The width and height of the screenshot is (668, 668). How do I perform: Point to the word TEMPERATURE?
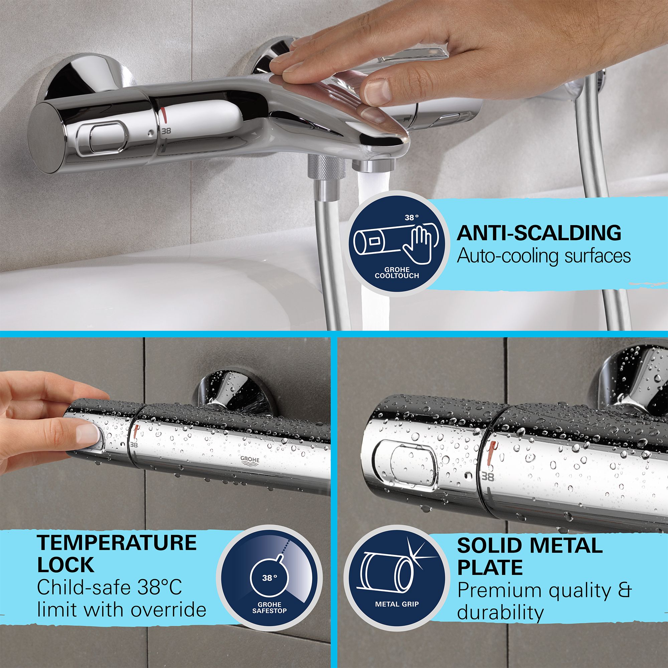pos(117,543)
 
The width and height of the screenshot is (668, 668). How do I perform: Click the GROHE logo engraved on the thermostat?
pos(249,462)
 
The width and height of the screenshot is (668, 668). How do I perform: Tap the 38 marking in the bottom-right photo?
pos(488,477)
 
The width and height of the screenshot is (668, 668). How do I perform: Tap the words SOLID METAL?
pos(529,546)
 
